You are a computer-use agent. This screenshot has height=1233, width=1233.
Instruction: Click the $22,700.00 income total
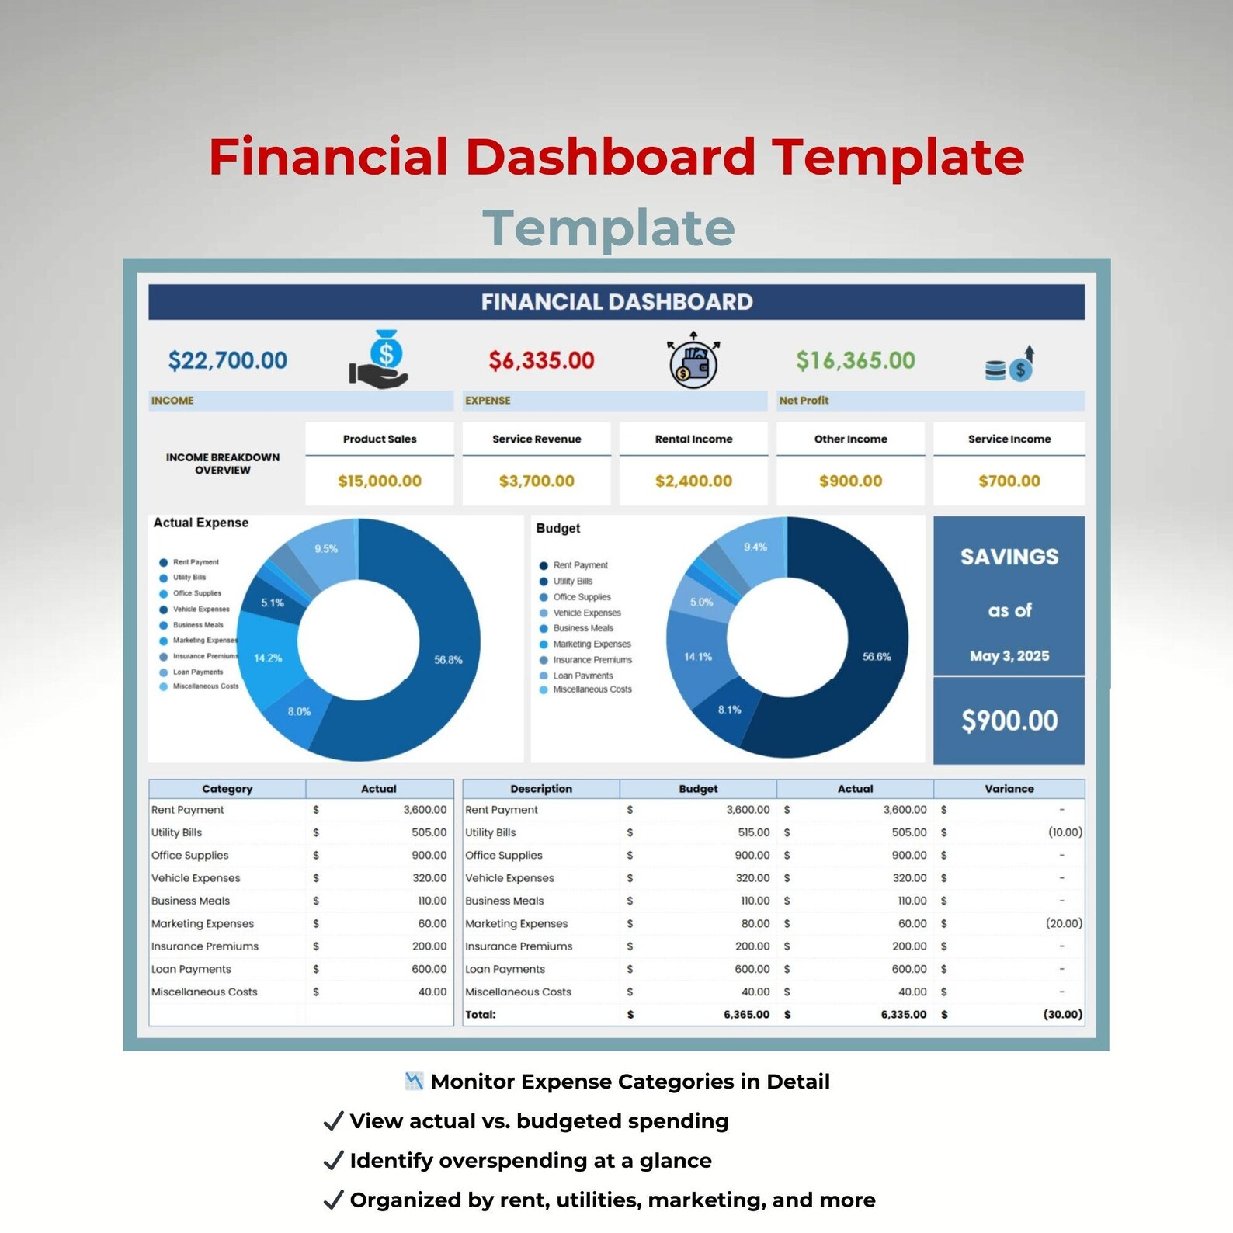click(227, 360)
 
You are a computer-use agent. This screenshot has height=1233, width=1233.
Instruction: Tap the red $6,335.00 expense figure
click(541, 360)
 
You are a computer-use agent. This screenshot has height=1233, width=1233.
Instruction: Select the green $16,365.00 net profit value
click(855, 360)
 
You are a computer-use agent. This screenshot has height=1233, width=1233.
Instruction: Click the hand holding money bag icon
click(380, 359)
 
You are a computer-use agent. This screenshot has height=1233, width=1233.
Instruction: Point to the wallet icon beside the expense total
click(693, 362)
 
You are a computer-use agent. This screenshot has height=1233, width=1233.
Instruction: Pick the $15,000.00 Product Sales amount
click(380, 481)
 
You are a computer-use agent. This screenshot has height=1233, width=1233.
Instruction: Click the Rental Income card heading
click(693, 439)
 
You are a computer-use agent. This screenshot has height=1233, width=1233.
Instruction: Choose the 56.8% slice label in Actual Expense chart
click(448, 660)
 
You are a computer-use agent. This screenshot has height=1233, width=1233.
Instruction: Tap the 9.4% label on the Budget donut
click(755, 547)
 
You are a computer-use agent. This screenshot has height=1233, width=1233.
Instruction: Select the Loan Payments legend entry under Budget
click(582, 676)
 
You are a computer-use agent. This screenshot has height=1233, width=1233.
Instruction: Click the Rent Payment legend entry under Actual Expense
click(196, 562)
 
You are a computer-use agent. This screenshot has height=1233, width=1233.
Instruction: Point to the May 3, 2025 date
click(1009, 656)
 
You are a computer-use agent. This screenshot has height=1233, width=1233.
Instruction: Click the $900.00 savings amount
click(1009, 721)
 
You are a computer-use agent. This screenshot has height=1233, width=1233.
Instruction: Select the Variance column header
click(1009, 789)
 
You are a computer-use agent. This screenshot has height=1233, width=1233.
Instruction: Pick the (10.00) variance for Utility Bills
click(1065, 832)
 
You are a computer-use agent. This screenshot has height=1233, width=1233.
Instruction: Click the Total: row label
click(480, 1015)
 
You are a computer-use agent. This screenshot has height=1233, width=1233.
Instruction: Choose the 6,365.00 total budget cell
click(746, 1015)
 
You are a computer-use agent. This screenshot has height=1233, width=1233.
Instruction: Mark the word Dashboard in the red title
click(610, 157)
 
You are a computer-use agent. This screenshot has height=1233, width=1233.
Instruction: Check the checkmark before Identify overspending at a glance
click(333, 1161)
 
